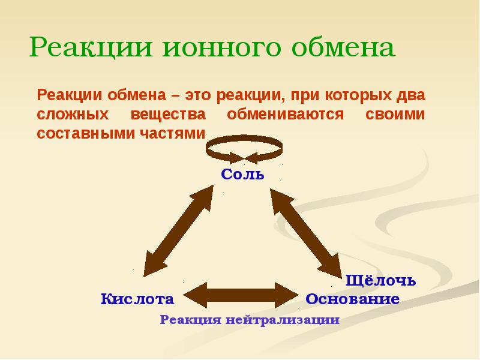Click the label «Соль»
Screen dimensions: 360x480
pos(242,175)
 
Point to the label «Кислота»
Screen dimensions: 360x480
pos(137,299)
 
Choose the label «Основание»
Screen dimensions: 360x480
pos(352,299)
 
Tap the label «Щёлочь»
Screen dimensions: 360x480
pos(382,280)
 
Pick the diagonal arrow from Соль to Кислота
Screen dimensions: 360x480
pos(178,230)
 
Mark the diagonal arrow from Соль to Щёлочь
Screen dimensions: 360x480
pos(305,230)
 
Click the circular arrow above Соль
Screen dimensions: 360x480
pos(242,149)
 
